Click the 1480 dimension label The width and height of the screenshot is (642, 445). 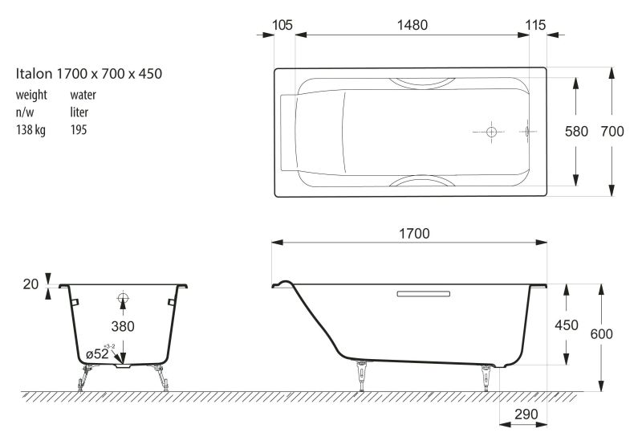pyautogui.click(x=412, y=26)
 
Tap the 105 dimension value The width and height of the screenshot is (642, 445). pyautogui.click(x=282, y=26)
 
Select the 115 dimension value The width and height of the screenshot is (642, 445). pyautogui.click(x=535, y=26)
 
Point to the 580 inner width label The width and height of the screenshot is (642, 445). pyautogui.click(x=576, y=132)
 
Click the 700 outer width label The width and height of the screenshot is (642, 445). pyautogui.click(x=612, y=132)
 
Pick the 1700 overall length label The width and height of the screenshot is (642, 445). pyautogui.click(x=414, y=234)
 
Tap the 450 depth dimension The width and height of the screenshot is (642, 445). pyautogui.click(x=567, y=325)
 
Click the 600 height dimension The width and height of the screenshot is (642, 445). pyautogui.click(x=601, y=334)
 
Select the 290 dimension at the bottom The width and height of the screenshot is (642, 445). pyautogui.click(x=526, y=414)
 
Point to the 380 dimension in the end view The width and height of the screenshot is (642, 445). pyautogui.click(x=123, y=326)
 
